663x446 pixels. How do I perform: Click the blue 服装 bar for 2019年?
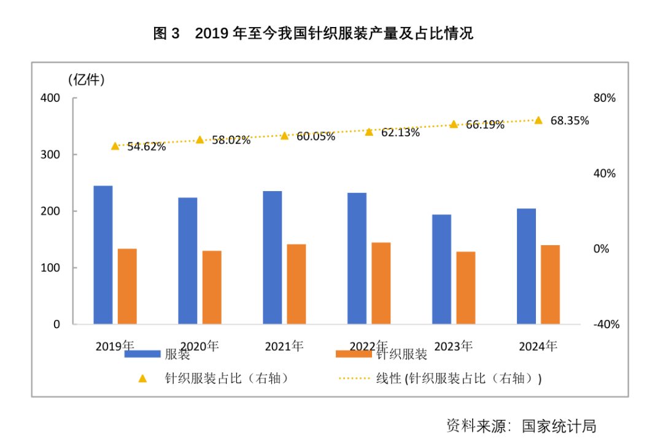point(103,254)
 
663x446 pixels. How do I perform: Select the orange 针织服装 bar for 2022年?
point(381,283)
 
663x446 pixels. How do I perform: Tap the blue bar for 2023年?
point(441,269)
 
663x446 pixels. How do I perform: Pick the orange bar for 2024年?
point(550,284)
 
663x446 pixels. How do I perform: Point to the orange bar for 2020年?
point(212,287)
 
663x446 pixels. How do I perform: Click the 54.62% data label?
point(146,147)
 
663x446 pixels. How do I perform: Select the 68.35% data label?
point(569,120)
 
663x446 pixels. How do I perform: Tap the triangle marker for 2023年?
point(454,124)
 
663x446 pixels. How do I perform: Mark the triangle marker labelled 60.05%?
point(284,135)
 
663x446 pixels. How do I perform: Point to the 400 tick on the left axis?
point(50,98)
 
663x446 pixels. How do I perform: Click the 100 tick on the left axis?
point(50,268)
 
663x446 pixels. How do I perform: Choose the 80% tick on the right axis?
point(604,98)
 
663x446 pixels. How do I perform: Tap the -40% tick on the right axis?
point(606,324)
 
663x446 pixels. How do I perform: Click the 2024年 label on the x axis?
point(538,346)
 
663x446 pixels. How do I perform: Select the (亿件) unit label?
point(86,79)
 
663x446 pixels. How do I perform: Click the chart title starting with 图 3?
point(313,34)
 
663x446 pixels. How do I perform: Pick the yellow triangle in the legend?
point(142,378)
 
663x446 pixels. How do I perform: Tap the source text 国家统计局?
point(559,426)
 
